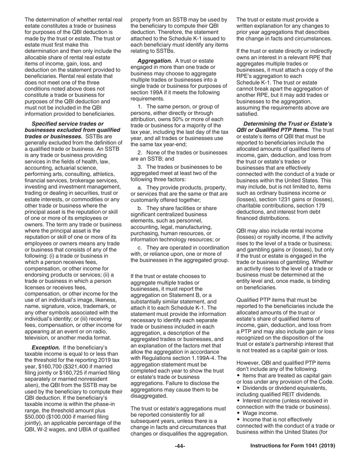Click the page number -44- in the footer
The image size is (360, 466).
(x=180, y=446)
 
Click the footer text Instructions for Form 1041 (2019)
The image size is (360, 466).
(x=293, y=446)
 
